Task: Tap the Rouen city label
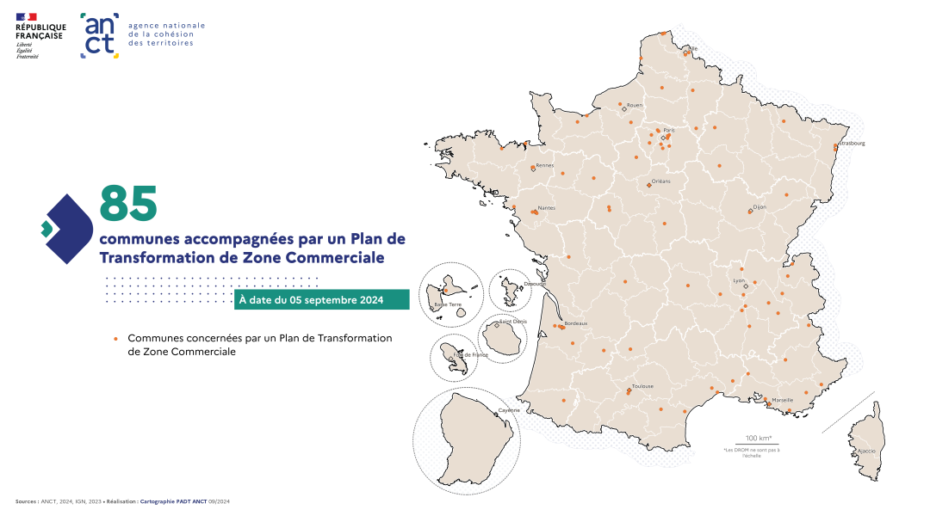[x=635, y=105]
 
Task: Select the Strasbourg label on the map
[x=852, y=143]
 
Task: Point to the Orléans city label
[x=660, y=181]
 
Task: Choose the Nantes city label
[x=546, y=208]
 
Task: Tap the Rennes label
[x=544, y=165]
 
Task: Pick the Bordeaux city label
[x=575, y=323]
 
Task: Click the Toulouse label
[x=642, y=386]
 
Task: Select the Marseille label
[x=782, y=400]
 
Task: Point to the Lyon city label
[x=738, y=280]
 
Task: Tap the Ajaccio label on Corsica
[x=866, y=451]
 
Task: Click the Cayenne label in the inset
[x=509, y=410]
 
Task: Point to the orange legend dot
[x=115, y=339]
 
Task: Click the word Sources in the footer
[x=26, y=501]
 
